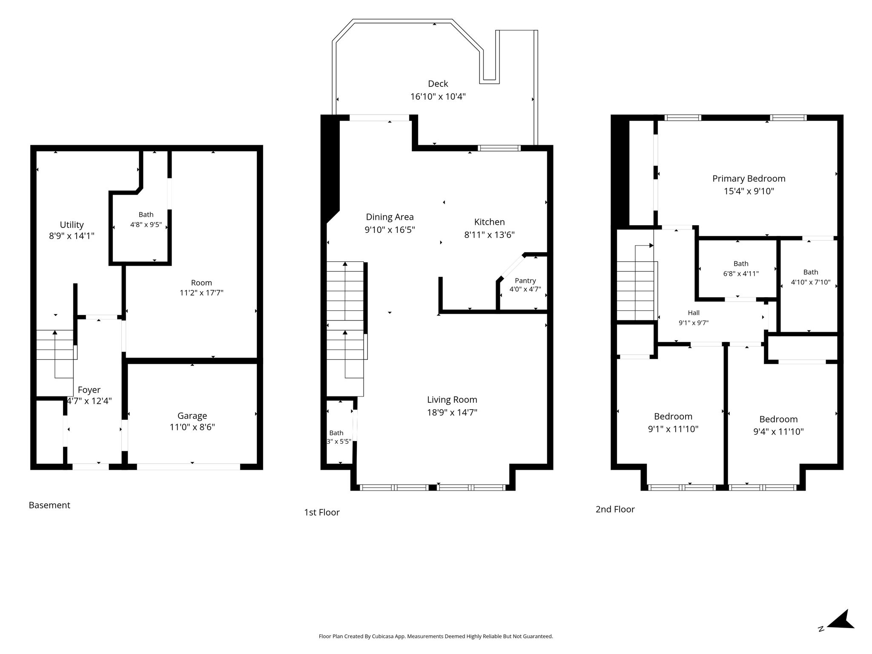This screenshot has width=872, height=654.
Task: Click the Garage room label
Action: pos(192,416)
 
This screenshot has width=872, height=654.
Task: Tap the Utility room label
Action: pos(72,225)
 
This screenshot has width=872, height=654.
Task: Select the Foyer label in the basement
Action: pos(89,390)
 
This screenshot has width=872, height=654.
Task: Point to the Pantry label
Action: pos(525,281)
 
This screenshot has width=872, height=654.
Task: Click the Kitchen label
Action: pos(489,222)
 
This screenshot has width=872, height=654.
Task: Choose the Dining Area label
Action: pos(390,217)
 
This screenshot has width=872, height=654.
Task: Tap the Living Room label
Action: pos(452,400)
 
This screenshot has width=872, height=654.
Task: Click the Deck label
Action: pos(438,84)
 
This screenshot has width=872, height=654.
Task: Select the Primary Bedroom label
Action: pos(749,179)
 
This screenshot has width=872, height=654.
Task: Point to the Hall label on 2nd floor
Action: pos(694,313)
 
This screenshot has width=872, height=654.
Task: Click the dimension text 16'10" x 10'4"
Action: pos(438,97)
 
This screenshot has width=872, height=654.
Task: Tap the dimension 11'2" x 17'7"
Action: pos(201,293)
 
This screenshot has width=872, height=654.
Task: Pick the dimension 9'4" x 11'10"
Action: pos(778,432)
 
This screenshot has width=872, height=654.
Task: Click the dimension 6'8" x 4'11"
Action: pos(741,274)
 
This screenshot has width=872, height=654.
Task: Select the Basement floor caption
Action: pos(49,505)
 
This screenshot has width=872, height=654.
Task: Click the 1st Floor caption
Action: pos(322,512)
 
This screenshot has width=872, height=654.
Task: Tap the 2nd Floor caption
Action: pos(615,509)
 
